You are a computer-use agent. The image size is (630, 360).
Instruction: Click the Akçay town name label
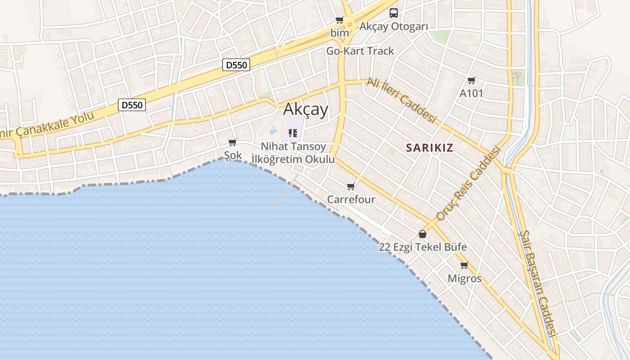(x=306, y=109)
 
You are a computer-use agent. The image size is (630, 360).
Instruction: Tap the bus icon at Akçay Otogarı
(x=394, y=13)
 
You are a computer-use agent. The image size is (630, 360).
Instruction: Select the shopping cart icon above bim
(x=340, y=20)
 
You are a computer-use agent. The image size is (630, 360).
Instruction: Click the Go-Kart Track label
(x=360, y=51)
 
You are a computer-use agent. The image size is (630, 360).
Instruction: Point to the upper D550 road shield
(x=236, y=65)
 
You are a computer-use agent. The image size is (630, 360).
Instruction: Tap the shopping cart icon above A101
(x=471, y=81)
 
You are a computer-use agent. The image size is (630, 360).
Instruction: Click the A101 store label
(x=471, y=94)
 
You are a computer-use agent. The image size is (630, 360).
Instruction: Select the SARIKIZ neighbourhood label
(x=429, y=148)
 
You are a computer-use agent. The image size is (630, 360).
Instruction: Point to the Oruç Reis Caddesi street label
(x=468, y=183)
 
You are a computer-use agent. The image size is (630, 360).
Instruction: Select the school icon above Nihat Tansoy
(x=293, y=133)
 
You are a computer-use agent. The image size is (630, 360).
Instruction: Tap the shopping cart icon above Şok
(x=233, y=143)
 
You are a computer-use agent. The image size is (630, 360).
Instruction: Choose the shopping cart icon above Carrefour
(x=351, y=186)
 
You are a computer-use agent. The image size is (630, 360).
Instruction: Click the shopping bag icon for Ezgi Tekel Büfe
(x=423, y=234)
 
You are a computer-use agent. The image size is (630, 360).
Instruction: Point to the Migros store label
(x=464, y=279)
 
